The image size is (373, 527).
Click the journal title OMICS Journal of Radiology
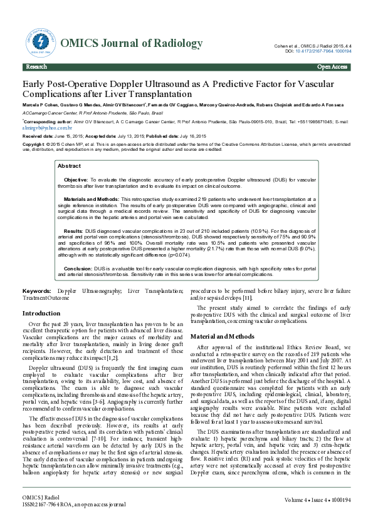click(131, 43)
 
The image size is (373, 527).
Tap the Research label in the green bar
click(36, 66)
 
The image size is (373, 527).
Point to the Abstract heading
click(69, 166)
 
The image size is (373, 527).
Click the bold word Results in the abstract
click(73, 231)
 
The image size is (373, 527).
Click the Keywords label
click(37, 292)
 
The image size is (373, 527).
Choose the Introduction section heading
click(41, 313)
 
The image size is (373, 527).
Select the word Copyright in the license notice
click(35, 143)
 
